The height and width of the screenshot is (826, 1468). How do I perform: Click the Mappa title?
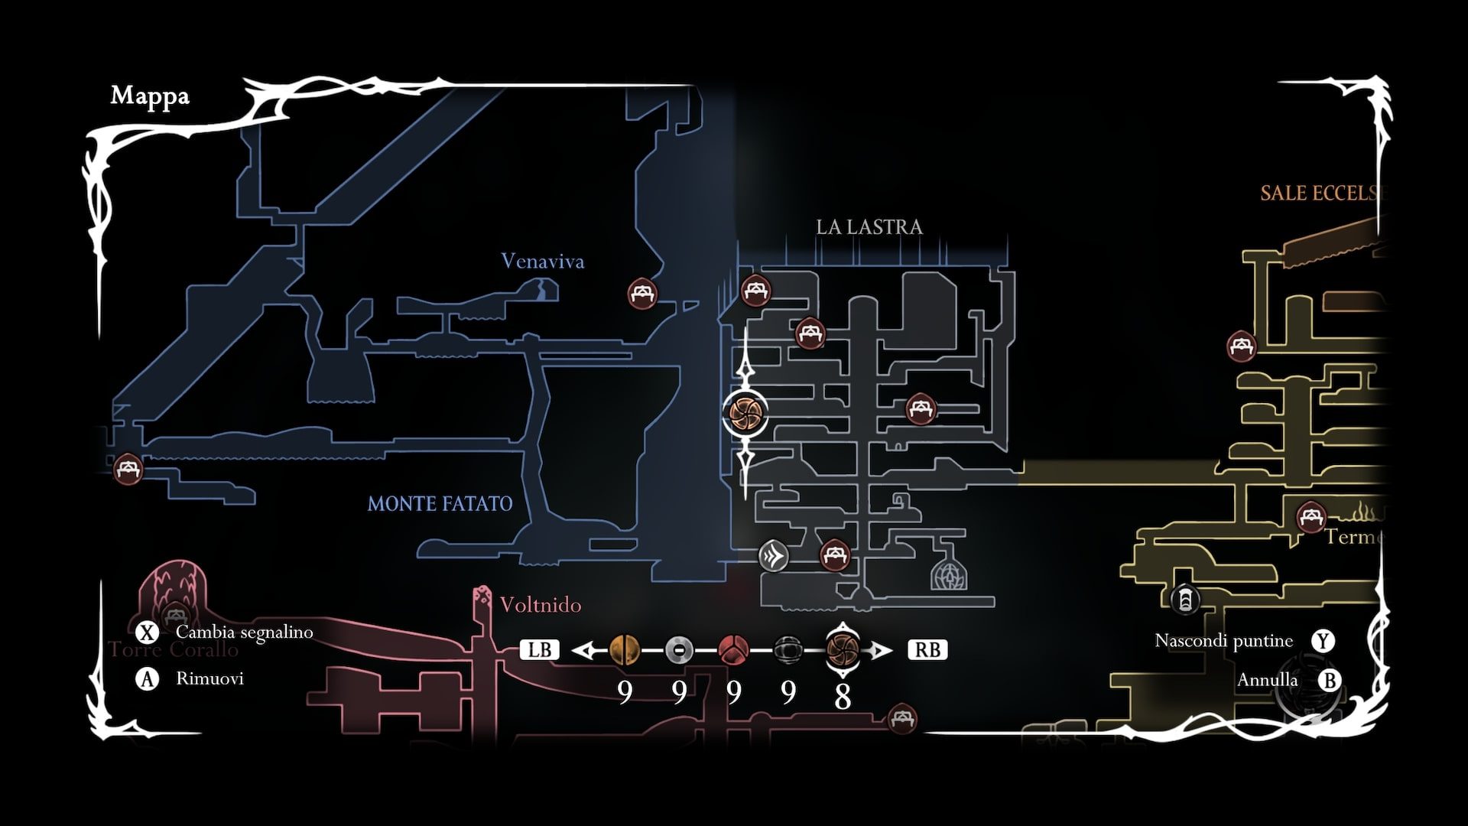150,96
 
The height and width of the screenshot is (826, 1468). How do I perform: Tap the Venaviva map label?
542,262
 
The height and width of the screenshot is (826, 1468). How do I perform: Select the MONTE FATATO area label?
440,504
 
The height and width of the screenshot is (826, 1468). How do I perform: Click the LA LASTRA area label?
869,227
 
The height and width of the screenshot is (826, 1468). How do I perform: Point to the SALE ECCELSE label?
1321,193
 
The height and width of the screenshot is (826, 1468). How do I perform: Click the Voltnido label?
540,605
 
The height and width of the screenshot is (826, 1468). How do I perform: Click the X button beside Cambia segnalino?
147,633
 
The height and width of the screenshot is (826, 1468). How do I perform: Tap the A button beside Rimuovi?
147,679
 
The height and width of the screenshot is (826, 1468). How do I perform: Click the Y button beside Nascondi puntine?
1323,641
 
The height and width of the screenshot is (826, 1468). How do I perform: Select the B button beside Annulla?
1330,680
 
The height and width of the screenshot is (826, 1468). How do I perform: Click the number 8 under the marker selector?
843,696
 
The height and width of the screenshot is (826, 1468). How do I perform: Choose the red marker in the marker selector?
733,650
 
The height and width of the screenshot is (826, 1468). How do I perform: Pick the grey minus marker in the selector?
679,650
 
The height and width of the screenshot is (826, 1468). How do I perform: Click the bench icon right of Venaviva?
642,292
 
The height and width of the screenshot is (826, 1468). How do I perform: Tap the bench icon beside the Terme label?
1311,517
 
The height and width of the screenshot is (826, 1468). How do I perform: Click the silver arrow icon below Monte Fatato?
773,555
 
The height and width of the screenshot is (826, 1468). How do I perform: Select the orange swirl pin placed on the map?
745,413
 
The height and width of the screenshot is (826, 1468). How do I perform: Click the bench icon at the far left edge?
128,468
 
